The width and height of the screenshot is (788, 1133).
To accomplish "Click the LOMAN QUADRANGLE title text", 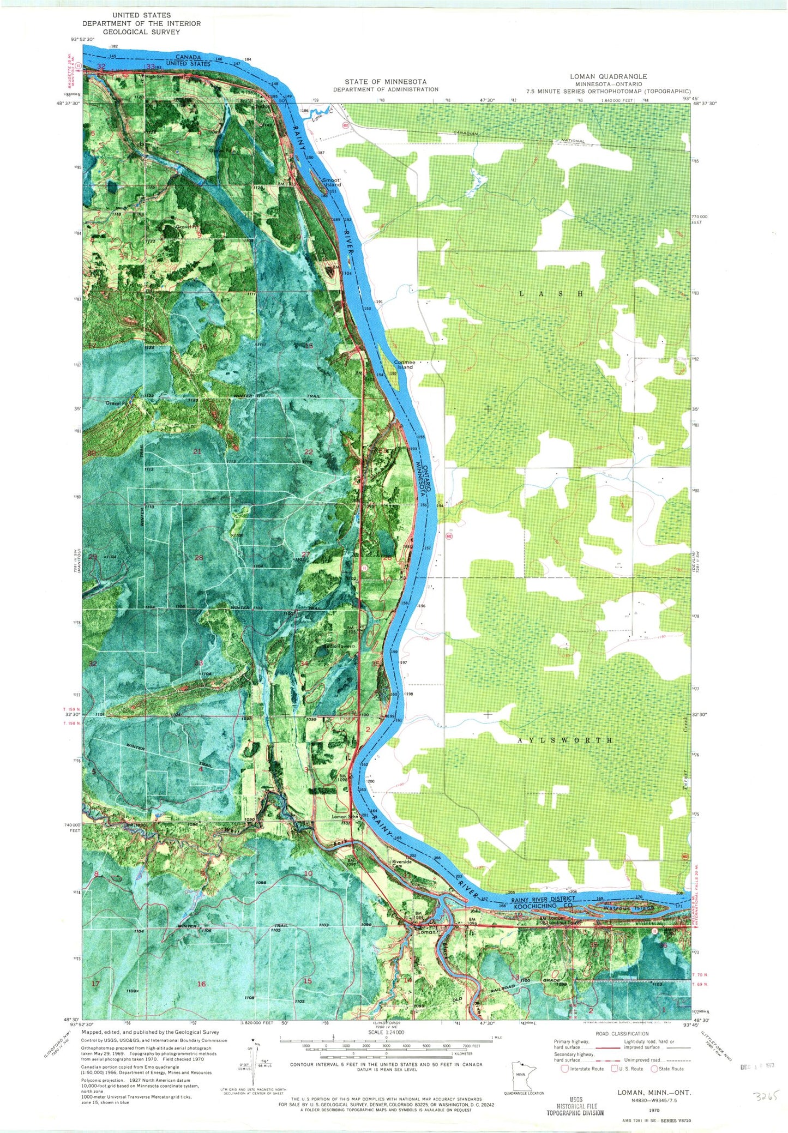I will click(x=608, y=77).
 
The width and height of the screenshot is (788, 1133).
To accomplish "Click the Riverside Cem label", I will click(x=401, y=864).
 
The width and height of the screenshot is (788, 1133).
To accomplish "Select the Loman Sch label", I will click(x=344, y=816).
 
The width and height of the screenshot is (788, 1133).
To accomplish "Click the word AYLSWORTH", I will click(x=564, y=740).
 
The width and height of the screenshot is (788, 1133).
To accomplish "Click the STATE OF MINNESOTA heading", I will click(x=386, y=81).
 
